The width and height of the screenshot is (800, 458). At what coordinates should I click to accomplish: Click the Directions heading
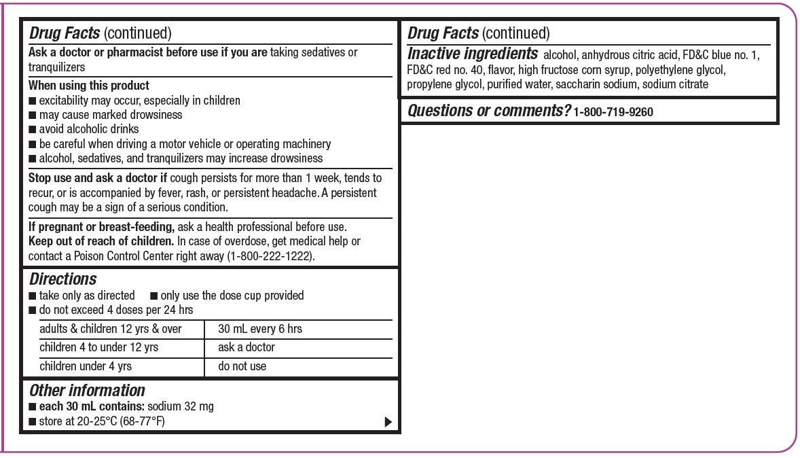[x=62, y=279]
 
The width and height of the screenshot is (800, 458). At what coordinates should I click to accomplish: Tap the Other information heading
[x=87, y=391]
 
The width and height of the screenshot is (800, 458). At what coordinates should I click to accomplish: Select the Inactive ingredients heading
[x=472, y=54]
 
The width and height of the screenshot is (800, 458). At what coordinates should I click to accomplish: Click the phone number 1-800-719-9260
[x=613, y=112]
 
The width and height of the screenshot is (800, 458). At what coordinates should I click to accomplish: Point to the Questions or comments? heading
[x=488, y=111]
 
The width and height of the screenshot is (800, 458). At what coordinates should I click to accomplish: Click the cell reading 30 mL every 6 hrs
[x=260, y=329]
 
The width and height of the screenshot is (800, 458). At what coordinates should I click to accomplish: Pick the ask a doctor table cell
[x=247, y=347]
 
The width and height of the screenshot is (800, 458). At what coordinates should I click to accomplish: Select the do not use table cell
[x=242, y=366]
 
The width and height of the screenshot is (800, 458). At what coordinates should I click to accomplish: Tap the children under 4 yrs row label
[x=86, y=366]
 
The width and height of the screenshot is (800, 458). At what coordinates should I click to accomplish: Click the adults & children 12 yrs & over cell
[x=111, y=329]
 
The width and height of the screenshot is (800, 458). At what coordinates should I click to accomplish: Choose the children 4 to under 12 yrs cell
[x=99, y=347]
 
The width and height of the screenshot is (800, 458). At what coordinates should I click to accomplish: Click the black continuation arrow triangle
[x=388, y=422]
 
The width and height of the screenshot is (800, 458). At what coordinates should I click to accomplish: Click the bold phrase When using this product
[x=89, y=86]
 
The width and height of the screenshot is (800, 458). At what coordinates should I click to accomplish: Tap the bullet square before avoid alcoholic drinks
[x=32, y=130]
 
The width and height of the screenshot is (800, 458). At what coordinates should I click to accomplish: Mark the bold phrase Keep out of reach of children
[x=101, y=241]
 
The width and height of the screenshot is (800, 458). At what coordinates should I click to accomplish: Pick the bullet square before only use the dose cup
[x=153, y=296]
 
